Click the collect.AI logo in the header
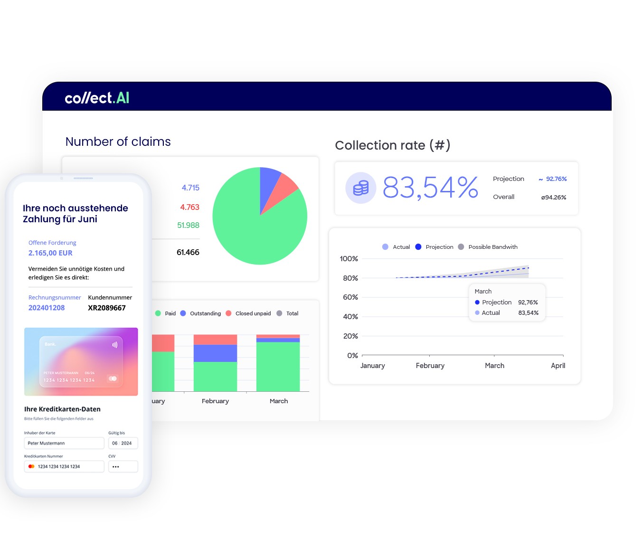97,98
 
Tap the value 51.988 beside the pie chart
188,226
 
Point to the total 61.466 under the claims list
188,253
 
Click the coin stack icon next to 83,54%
361,188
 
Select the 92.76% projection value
556,179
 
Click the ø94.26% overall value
554,198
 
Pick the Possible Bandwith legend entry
492,247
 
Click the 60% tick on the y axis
350,297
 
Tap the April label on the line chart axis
558,366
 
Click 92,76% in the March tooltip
528,303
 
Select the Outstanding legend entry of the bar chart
205,313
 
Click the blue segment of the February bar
215,353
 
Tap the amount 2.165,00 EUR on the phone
50,253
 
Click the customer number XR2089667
107,308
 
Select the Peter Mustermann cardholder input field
64,443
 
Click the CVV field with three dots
123,466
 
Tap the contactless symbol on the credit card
114,345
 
